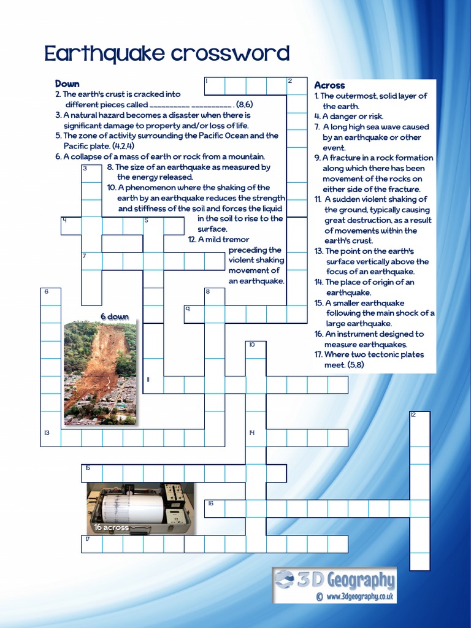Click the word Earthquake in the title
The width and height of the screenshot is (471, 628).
[105, 54]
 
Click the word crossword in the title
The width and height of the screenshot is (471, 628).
[230, 54]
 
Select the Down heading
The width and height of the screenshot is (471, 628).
[67, 83]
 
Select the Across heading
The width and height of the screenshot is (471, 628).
[329, 85]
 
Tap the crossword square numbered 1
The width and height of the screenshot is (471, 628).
[214, 86]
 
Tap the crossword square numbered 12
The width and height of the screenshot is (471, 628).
[419, 420]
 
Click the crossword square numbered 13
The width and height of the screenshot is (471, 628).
[51, 437]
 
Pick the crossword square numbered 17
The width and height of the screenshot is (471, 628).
[91, 544]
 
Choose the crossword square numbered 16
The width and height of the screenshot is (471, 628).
[215, 508]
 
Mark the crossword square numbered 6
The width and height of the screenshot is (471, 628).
[51, 296]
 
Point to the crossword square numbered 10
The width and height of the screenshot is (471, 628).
[256, 350]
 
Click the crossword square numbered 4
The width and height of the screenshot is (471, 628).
[71, 225]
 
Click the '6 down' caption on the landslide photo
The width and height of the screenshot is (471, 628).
[115, 316]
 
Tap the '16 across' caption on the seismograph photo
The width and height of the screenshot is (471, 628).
[111, 527]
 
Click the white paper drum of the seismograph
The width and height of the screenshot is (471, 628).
[132, 508]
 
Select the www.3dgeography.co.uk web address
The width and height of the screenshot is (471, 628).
[360, 596]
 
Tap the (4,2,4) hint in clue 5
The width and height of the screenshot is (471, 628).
[122, 146]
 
